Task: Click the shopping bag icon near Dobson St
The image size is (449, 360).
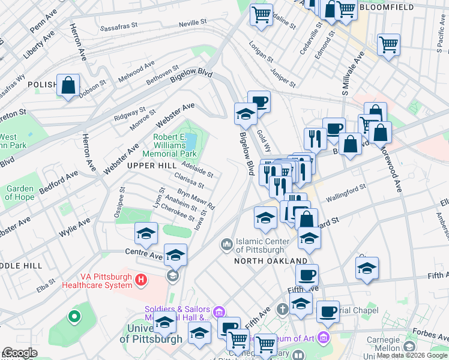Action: [68, 85]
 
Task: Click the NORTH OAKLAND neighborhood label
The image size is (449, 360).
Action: [271, 261]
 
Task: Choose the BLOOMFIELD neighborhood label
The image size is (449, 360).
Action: [382, 7]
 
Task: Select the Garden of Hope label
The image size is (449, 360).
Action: [20, 193]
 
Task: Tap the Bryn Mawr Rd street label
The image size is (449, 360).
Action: [196, 200]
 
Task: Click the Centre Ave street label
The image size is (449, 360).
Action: [145, 256]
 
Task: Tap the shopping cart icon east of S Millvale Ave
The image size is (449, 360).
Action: [389, 44]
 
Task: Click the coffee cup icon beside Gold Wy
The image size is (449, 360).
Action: [259, 101]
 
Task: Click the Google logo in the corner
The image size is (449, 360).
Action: [20, 353]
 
